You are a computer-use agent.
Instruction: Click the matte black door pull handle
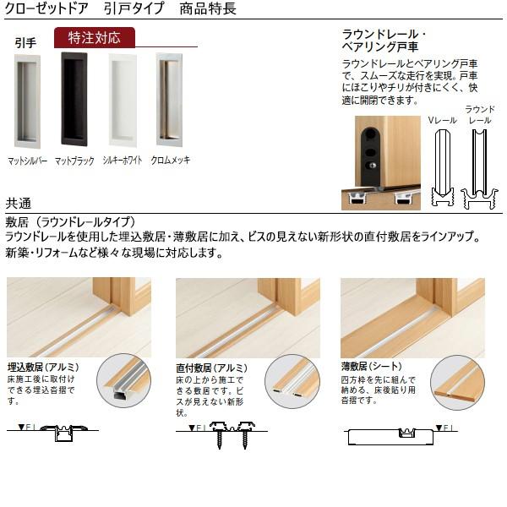point(74,99)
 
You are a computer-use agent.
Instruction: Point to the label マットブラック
point(74,160)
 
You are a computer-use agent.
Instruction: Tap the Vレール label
point(443,121)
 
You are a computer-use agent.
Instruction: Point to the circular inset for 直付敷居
point(292,383)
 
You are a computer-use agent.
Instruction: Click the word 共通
point(19,203)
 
